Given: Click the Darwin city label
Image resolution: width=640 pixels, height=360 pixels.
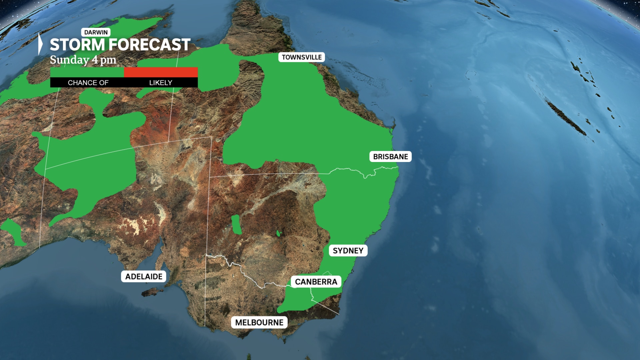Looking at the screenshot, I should [96, 32].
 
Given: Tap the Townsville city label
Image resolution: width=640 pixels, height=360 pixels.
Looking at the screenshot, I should [302, 57].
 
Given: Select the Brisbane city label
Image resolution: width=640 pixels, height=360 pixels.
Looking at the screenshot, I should [390, 157].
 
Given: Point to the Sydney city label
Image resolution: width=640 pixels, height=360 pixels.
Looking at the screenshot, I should [348, 251].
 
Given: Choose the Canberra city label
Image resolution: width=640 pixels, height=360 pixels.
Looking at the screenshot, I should [316, 282].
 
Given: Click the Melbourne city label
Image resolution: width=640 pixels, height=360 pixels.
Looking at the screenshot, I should [259, 323].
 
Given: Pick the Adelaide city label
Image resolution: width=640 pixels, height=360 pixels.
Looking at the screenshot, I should [144, 277].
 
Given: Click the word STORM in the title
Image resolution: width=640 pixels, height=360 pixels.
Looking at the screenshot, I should [78, 45].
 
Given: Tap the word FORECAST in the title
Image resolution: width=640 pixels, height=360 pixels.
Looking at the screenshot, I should [150, 45].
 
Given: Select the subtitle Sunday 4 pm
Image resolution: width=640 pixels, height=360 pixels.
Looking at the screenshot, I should [83, 60].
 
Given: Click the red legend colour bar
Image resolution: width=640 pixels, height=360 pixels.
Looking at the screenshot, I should [161, 72].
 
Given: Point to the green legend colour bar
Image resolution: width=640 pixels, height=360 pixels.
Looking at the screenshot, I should [87, 72].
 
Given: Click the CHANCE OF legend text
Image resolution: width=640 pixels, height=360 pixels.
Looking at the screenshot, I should [88, 83].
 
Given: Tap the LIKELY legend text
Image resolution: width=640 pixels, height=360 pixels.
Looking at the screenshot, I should [161, 83].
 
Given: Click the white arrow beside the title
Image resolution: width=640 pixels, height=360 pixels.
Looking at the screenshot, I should [40, 44].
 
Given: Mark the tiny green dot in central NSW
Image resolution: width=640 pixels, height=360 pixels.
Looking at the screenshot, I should [279, 234].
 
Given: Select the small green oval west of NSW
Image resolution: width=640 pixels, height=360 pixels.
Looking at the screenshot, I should [236, 225].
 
